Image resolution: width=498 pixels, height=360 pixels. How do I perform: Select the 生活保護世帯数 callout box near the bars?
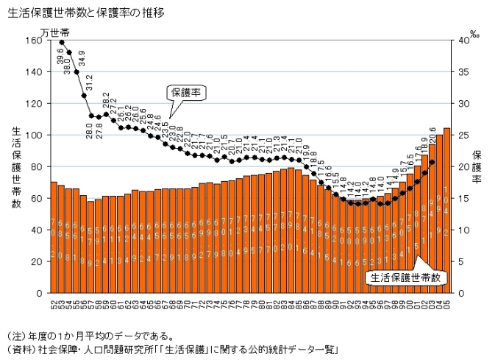(x=407, y=278)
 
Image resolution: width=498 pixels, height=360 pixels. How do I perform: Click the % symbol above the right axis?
(x=474, y=34)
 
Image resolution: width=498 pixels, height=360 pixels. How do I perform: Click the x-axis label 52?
(x=54, y=302)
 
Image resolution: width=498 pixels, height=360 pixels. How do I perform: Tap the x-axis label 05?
(x=447, y=302)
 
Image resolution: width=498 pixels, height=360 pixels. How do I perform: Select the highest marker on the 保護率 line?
(x=62, y=42)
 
